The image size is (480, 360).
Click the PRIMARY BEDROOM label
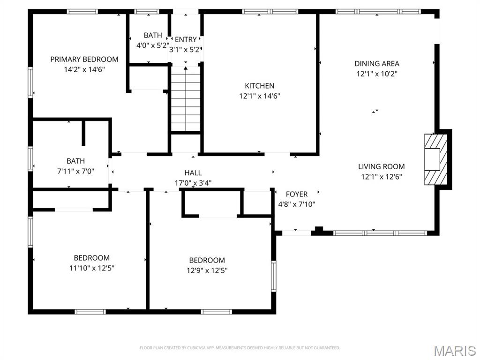pyautogui.click(x=84, y=60)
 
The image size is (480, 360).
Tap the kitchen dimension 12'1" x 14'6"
pyautogui.click(x=260, y=96)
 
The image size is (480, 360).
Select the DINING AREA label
pyautogui.click(x=377, y=64)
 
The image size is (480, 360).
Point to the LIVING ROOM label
pyautogui.click(x=381, y=166)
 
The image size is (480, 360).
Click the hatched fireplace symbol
pyautogui.click(x=432, y=159)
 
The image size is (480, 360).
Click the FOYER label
pyautogui.click(x=297, y=194)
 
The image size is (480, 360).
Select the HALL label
pyautogui.click(x=193, y=173)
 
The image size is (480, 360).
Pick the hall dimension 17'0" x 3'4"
pyautogui.click(x=193, y=183)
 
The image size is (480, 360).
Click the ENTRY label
pyautogui.click(x=186, y=39)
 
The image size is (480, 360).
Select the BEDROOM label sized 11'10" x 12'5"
pyautogui.click(x=92, y=258)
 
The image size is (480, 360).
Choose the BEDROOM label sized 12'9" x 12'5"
pyautogui.click(x=207, y=260)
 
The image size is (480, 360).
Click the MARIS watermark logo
pyautogui.click(x=455, y=351)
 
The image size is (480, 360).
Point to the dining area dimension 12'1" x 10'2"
pyautogui.click(x=377, y=74)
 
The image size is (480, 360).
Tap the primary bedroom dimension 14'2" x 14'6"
pyautogui.click(x=84, y=69)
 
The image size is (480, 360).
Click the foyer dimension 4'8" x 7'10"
pyautogui.click(x=297, y=204)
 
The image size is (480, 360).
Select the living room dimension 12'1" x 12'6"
pyautogui.click(x=381, y=177)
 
